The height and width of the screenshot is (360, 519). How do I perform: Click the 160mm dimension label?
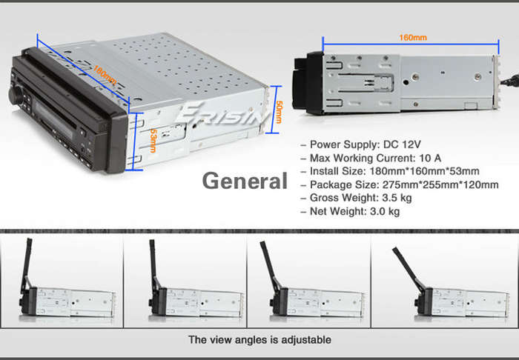413,37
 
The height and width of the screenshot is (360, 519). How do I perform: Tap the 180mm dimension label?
105,75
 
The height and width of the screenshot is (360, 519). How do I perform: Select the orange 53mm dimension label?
153,141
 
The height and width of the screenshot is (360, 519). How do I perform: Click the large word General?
245,181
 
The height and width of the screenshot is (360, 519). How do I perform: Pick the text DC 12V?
402,144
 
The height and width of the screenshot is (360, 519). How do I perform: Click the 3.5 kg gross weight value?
397,198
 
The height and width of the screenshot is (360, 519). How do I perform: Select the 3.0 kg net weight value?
385,211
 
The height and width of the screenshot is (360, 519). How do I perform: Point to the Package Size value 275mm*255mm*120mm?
440,184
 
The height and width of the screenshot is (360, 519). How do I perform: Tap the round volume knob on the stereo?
16,95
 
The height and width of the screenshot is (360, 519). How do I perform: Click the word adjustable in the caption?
305,339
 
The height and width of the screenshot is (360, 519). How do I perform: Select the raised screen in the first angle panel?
27,264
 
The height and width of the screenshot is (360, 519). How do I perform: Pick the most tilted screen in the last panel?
408,268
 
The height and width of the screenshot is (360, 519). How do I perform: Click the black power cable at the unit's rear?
509,80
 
